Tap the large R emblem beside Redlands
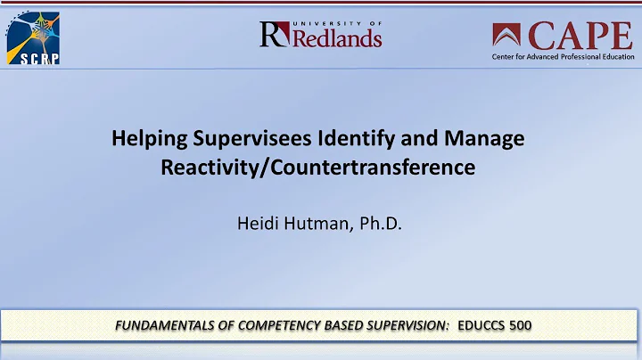coord(272,35)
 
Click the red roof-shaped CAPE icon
coord(509,36)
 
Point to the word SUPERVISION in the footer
coord(406,325)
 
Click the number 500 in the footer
coord(520,325)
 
